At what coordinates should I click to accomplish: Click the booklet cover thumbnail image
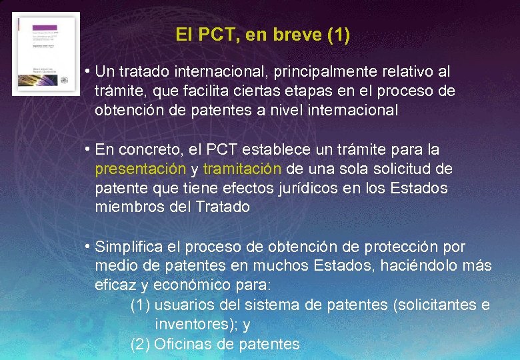[x=46, y=54]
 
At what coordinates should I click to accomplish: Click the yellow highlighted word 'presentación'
[x=140, y=168]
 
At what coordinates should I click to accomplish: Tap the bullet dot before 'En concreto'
[x=88, y=149]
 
